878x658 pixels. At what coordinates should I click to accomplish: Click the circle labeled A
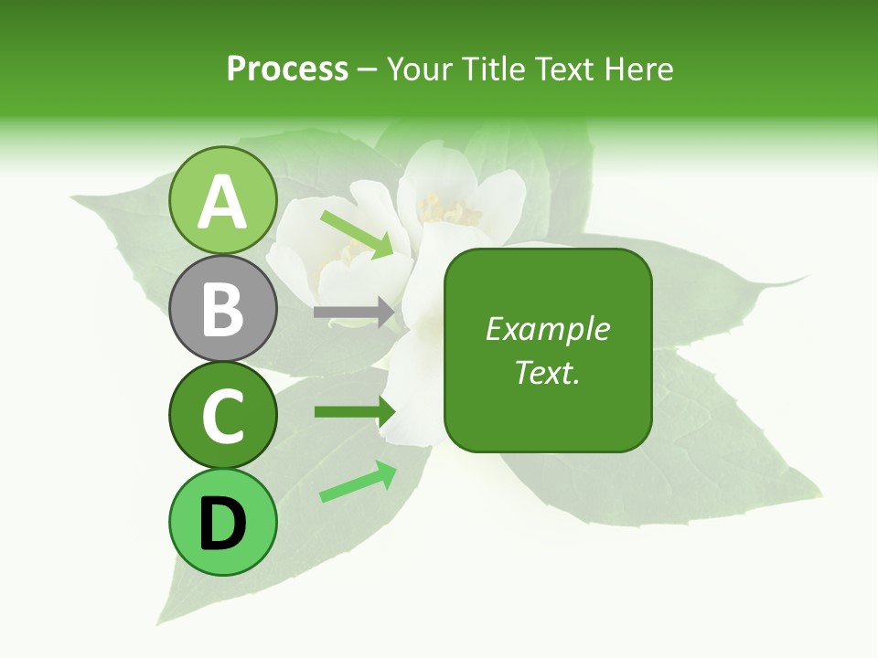223,200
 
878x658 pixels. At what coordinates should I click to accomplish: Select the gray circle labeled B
223,308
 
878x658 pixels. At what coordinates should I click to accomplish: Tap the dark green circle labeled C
223,415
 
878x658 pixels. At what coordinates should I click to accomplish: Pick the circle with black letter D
223,522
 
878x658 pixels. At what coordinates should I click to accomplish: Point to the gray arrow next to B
354,313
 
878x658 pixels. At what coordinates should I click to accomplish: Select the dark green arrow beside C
354,411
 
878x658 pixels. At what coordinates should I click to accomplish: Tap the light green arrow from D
357,482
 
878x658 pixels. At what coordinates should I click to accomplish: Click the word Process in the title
287,69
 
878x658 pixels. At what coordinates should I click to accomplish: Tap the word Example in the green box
547,329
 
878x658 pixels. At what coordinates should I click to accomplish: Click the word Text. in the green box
547,372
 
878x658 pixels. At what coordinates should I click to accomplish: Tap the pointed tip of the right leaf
808,276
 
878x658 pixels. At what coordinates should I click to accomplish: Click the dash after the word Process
368,69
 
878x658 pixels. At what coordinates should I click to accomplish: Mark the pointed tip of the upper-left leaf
71,196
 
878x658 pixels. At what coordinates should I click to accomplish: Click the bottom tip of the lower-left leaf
161,622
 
